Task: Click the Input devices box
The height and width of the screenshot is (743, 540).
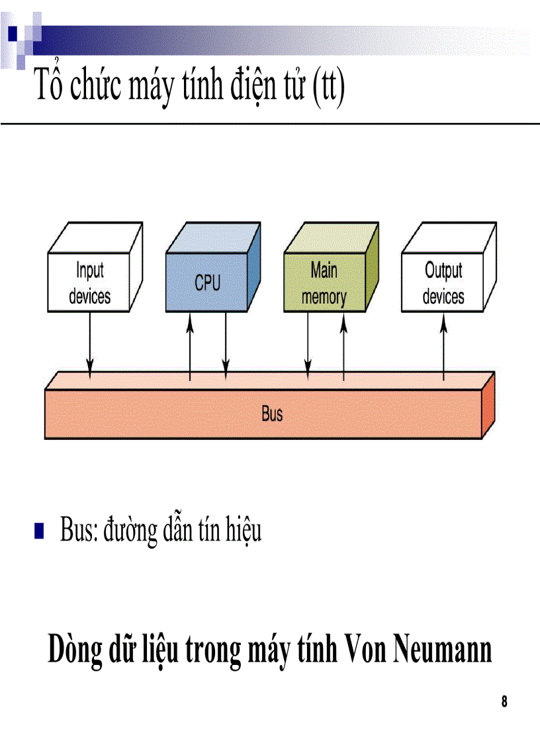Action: pos(89,283)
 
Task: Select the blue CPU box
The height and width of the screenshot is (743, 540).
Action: pos(207,283)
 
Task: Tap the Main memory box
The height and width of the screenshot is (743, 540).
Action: pos(324,283)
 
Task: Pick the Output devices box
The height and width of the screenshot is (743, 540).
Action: pos(443,283)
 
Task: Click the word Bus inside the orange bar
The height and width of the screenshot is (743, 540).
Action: pos(272,415)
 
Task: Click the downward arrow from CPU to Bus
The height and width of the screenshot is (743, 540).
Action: pos(226,344)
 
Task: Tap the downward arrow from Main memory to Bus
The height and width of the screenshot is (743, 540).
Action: pos(308,344)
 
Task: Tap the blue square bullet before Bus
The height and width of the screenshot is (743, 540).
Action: pos(39,531)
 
